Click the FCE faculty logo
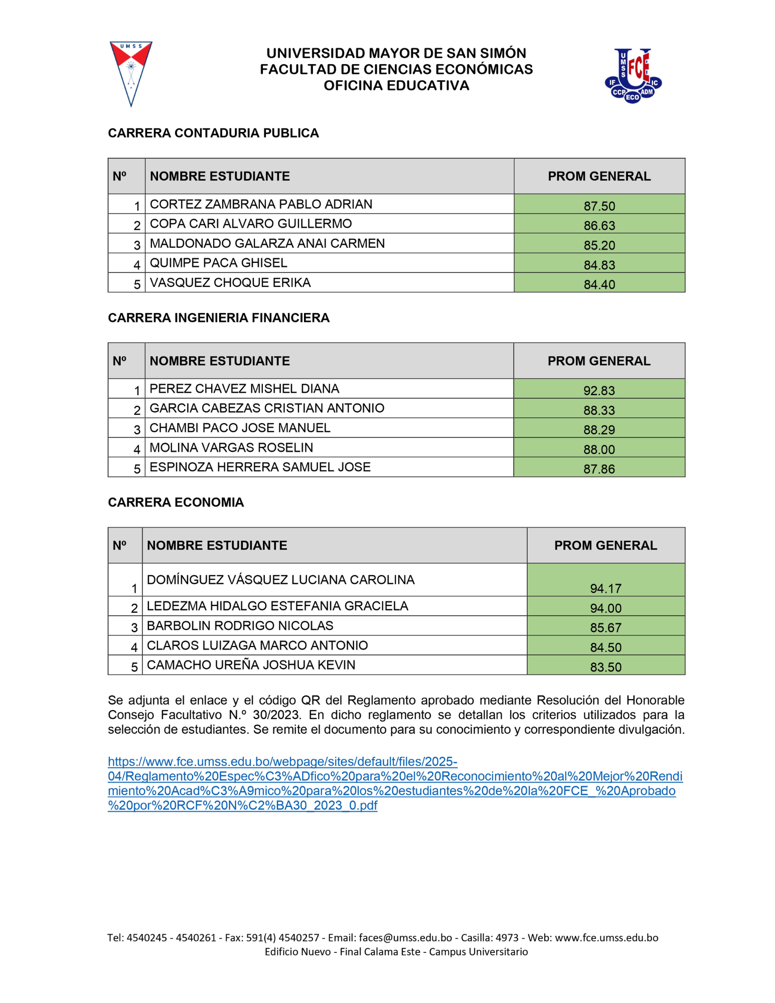click(633, 75)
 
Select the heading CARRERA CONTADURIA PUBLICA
click(213, 133)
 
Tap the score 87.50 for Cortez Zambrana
click(599, 206)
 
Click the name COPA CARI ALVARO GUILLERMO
click(251, 224)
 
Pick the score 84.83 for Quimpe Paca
click(599, 265)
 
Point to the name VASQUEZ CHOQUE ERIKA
click(230, 283)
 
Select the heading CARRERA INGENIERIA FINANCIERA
click(219, 318)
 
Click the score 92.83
click(599, 390)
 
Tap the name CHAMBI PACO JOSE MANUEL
click(240, 428)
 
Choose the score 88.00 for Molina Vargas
click(599, 449)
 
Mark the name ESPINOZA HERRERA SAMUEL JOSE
click(260, 467)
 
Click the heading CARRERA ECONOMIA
click(176, 503)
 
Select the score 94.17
click(605, 588)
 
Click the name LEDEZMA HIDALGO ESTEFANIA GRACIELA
click(277, 606)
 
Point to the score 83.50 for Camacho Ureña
click(605, 667)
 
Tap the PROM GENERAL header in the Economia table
click(605, 545)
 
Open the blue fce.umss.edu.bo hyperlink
click(395, 783)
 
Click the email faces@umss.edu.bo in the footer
click(405, 938)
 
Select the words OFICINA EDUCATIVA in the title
click(396, 86)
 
